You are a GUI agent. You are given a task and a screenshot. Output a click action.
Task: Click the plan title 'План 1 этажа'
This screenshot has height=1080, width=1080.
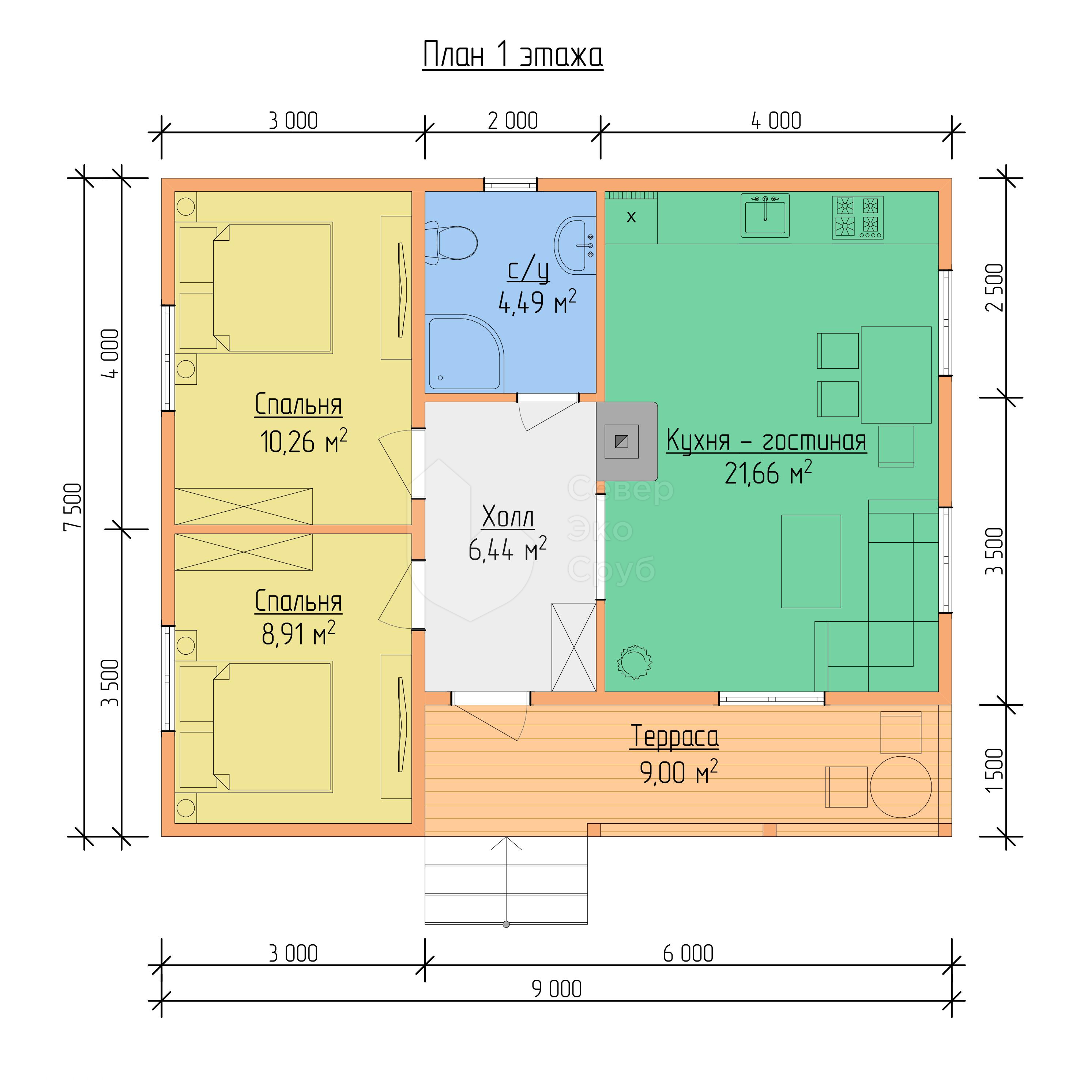pos(513,55)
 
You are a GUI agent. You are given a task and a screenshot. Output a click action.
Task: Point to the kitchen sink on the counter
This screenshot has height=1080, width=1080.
pos(765,215)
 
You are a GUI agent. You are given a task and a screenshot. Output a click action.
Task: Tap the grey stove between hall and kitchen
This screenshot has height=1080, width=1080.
pos(626,441)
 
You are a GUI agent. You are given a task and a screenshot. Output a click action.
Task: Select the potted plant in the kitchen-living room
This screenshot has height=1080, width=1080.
pos(635,662)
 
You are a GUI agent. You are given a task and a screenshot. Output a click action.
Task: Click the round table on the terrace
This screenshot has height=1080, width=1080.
pos(900,787)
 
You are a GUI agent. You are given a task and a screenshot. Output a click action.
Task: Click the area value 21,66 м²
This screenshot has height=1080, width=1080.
pos(768,473)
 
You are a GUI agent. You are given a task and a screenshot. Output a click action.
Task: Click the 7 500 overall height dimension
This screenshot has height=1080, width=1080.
pos(73,507)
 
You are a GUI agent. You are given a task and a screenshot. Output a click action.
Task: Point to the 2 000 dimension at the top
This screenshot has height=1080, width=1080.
pos(513,121)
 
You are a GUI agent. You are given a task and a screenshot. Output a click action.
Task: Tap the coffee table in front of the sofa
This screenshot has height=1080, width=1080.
pos(810,561)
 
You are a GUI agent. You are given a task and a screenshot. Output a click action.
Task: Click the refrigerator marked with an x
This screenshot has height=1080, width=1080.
pos(631,218)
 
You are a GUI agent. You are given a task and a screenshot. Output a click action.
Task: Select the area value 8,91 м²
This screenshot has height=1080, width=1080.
pos(298,633)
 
